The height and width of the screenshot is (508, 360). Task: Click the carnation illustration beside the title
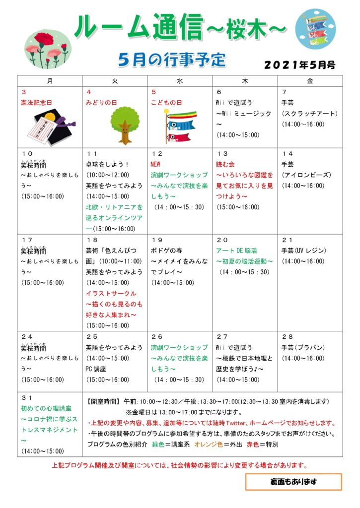pos(48,48)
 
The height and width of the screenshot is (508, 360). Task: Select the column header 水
pos(180,80)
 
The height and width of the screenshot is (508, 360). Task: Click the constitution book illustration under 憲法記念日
pos(50,127)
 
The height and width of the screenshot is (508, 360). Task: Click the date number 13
pos(222,153)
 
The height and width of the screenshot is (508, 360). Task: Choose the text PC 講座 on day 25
pos(97,369)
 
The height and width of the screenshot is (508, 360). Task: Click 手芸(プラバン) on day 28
pos(303,347)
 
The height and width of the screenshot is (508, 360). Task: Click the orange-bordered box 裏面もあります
pos(293,481)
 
